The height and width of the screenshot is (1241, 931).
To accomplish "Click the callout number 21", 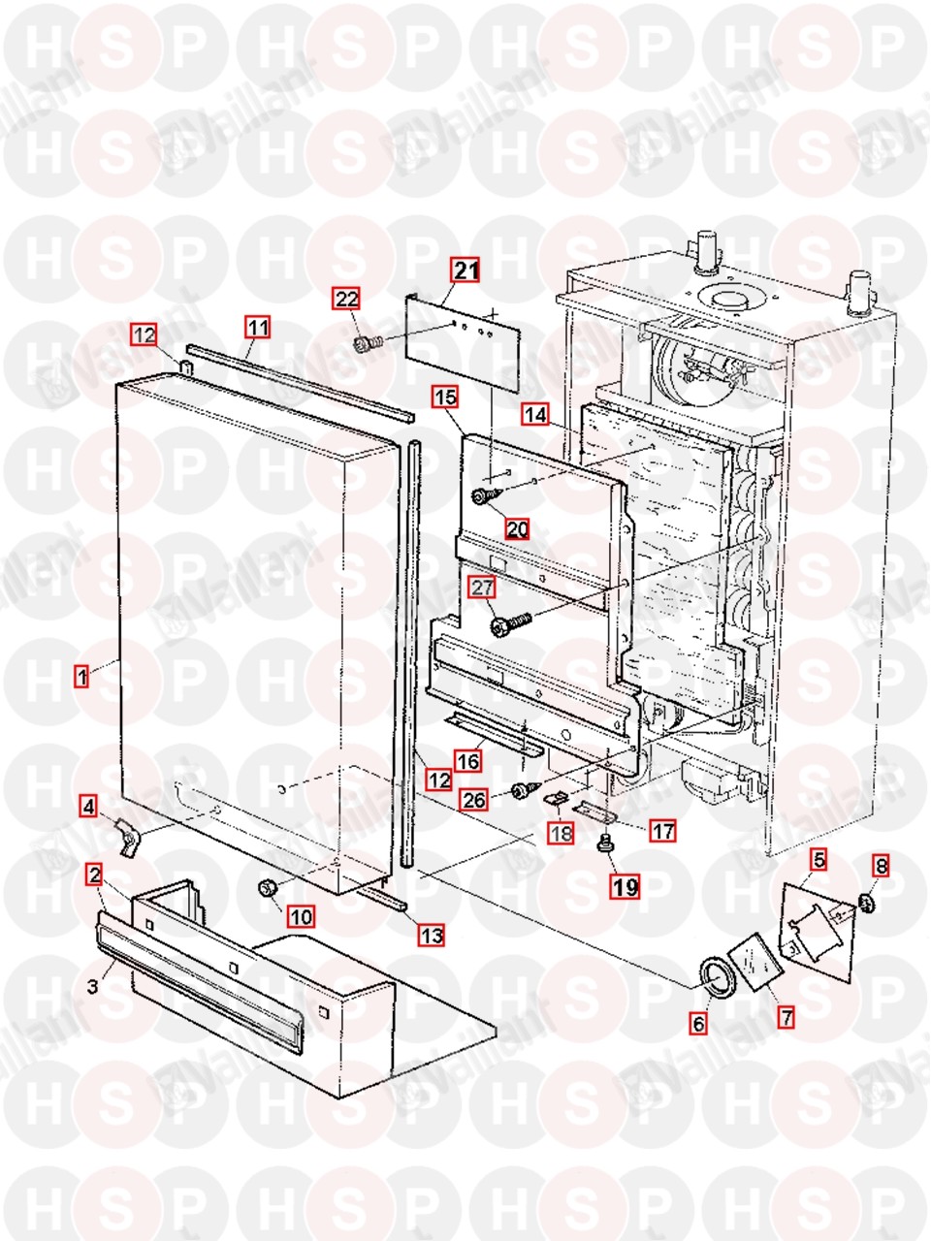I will (466, 270).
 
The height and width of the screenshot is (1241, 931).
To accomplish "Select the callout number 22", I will (347, 299).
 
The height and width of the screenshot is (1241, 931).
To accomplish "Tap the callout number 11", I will (257, 328).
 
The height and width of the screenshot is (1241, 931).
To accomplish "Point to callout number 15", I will (445, 397).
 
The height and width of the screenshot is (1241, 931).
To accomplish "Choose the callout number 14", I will (535, 414).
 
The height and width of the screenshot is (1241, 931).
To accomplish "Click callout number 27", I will (482, 587).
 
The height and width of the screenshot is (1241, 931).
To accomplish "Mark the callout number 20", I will (517, 529).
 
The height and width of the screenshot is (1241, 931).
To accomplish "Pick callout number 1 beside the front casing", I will (82, 676).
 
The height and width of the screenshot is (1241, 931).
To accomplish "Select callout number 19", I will (626, 886).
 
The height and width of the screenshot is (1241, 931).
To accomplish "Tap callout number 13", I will (432, 935).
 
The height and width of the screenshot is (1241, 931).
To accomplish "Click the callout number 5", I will (819, 859).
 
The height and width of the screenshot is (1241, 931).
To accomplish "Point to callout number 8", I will (882, 864).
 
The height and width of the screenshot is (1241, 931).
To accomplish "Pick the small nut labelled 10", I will (268, 887).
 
